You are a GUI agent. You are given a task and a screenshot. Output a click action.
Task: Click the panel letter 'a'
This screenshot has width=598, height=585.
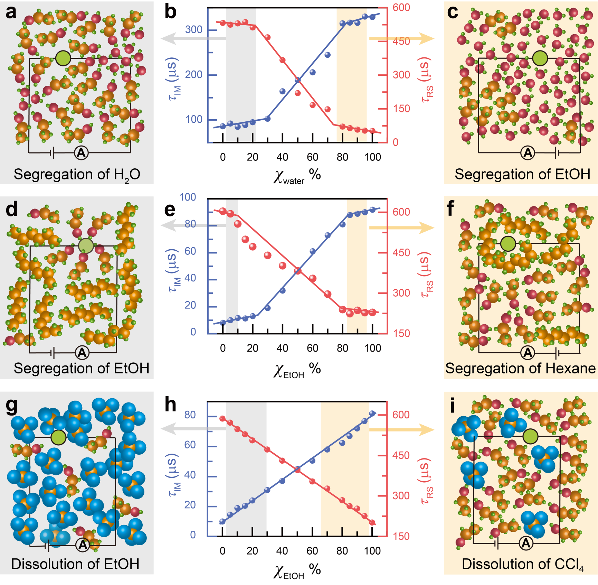11,12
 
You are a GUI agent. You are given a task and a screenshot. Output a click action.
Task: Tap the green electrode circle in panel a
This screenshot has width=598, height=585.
63,58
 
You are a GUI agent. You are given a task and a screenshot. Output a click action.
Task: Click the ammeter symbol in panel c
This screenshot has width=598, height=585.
528,152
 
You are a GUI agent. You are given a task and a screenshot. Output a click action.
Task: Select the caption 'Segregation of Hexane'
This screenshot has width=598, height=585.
520,368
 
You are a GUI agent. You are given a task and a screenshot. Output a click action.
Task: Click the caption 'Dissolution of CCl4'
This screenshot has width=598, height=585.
522,564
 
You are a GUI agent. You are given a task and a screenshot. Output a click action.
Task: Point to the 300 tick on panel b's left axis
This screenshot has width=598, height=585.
193,30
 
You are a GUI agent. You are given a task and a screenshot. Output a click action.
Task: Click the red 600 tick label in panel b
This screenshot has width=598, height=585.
401,8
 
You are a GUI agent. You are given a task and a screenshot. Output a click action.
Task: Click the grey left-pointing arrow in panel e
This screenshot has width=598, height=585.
193,225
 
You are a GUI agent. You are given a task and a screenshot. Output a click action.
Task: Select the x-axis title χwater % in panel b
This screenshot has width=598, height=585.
297,176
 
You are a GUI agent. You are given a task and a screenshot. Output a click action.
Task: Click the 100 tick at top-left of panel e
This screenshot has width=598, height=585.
188,197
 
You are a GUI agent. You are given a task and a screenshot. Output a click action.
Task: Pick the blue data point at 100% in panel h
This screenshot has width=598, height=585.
372,414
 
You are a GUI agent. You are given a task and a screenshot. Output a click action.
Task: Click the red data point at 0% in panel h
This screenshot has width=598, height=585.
222,419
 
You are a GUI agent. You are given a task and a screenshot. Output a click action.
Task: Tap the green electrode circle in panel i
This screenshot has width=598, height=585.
530,436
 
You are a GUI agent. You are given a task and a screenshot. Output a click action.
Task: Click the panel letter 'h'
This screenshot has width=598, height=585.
170,405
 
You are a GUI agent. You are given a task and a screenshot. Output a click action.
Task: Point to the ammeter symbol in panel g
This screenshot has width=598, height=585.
83,545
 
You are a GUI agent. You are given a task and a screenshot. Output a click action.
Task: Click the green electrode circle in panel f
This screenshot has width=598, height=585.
508,244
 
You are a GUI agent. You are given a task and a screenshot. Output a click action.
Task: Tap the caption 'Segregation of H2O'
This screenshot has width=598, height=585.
77,175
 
